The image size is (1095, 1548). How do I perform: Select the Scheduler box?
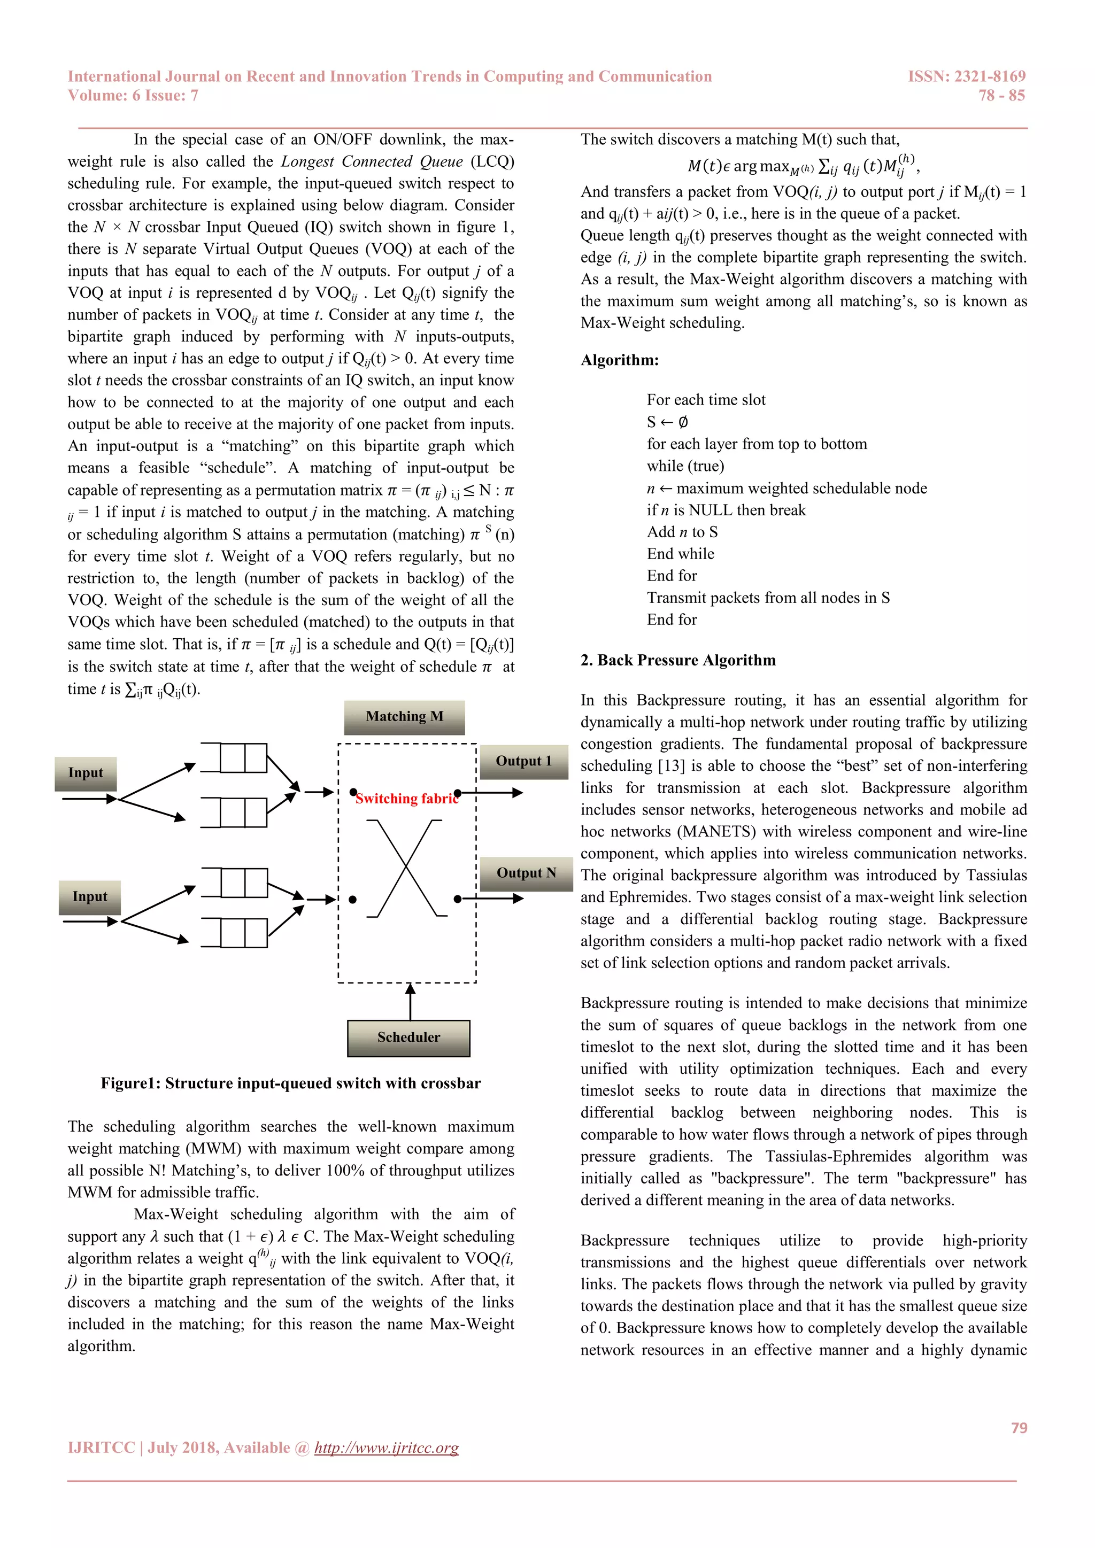408,1038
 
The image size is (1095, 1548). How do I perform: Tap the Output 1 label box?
524,761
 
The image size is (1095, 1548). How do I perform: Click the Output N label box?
526,873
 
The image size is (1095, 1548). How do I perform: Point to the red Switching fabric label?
406,799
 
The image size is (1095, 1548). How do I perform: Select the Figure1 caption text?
291,1083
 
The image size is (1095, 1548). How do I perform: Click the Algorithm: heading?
620,360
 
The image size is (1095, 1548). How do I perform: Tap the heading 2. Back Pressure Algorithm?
677,660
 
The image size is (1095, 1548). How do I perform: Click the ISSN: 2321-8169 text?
966,76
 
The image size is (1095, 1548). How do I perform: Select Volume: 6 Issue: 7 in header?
133,95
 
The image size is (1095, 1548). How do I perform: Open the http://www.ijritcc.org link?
387,1448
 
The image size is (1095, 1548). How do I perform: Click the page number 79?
1019,1427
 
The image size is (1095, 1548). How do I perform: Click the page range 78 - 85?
1001,95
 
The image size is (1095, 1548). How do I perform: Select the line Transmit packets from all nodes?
768,598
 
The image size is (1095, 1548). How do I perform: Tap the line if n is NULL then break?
726,510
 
